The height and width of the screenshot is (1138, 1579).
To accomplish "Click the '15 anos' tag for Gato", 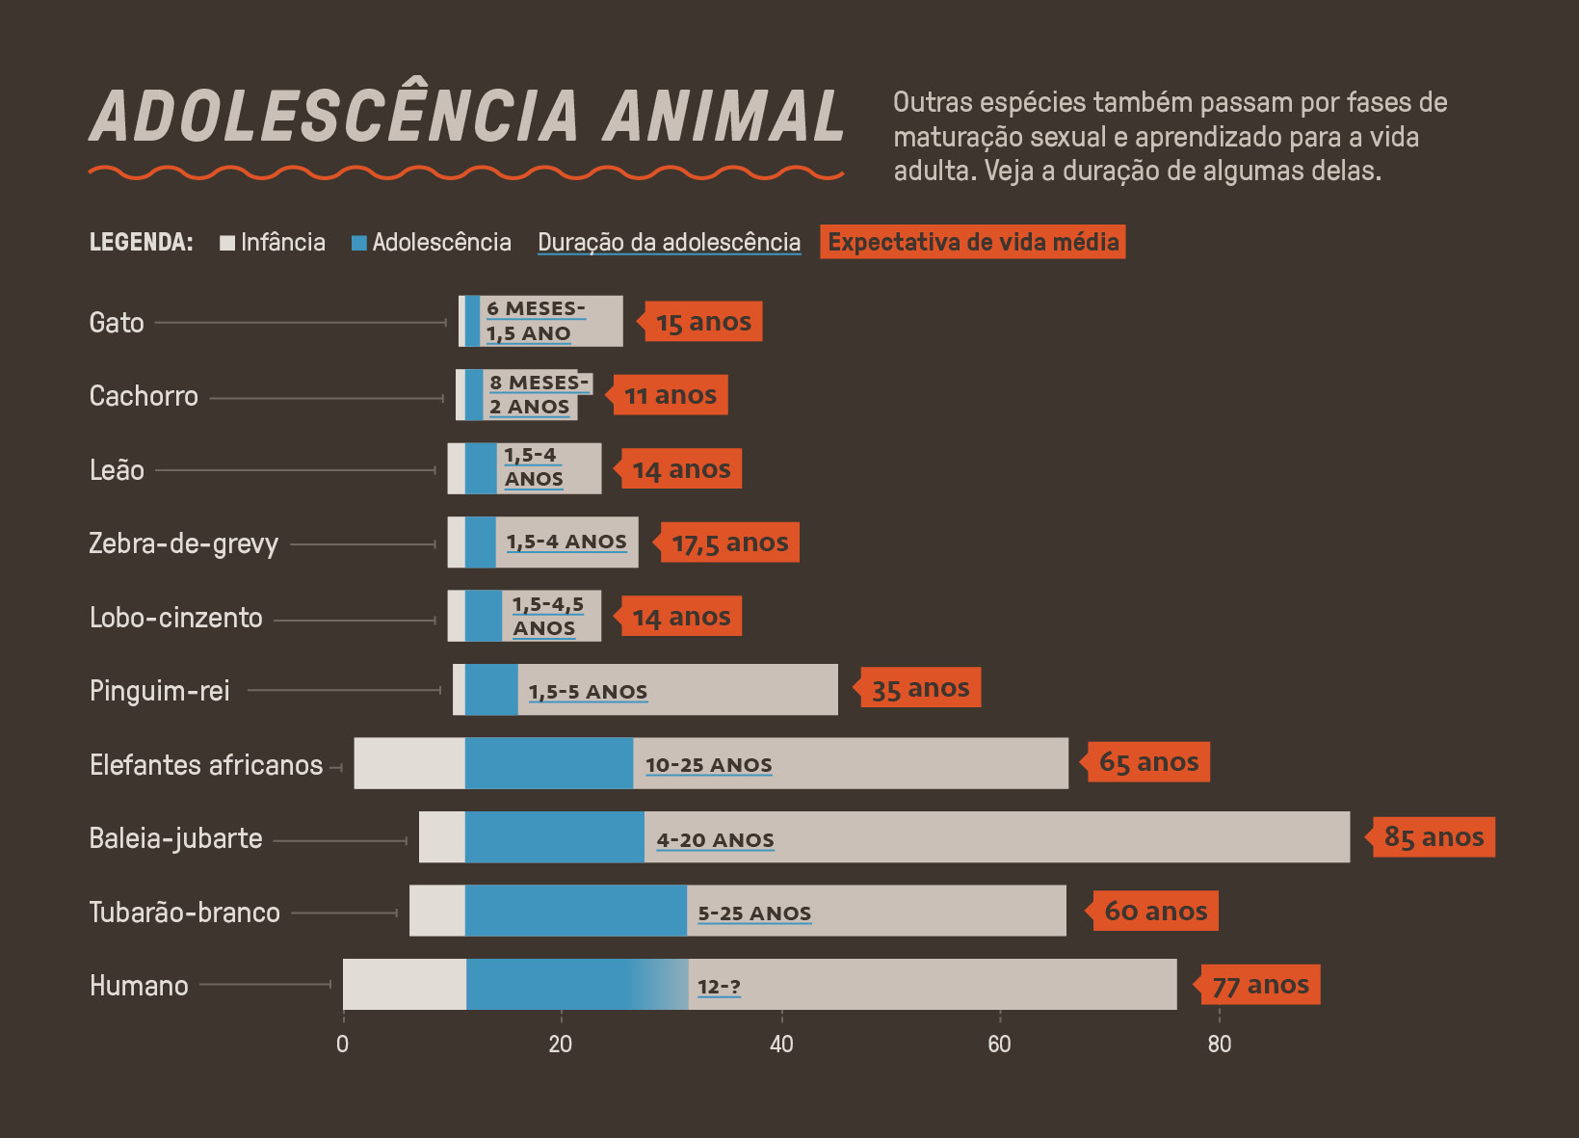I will coord(703,322).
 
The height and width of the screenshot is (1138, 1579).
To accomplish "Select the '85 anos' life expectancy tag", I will coord(1434,836).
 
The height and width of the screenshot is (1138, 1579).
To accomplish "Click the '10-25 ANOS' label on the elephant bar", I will coord(708,764).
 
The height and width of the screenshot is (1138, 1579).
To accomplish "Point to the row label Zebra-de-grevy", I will coord(183,543).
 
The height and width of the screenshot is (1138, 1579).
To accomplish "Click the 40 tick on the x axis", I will coord(781,1044).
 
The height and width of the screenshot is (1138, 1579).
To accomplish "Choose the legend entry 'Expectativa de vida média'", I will coord(973,242).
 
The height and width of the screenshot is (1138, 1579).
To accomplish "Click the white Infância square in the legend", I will coord(227,243).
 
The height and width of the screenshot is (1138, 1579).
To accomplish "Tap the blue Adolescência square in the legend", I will coord(359,243).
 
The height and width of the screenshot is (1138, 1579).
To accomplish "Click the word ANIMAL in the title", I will coord(724,117).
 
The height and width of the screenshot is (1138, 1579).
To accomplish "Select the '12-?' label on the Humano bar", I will coord(719,986).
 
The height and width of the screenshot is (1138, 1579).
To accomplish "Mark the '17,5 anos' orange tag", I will coord(729,543).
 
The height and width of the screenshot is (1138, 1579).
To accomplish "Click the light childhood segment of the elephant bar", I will coord(409,763).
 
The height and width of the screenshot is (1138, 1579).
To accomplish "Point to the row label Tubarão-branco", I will coord(184,912).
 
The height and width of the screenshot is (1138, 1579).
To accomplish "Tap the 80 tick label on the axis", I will coord(1219,1044).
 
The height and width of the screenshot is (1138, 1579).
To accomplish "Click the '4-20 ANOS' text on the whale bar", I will coord(715,839).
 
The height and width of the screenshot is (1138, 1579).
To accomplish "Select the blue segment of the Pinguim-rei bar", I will coord(491,690).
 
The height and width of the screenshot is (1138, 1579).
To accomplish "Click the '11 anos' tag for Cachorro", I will coord(671,395).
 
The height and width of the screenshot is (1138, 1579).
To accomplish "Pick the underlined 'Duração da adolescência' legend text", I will coord(669,242).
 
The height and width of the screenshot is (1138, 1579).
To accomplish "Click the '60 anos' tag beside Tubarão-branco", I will coord(1155,911).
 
